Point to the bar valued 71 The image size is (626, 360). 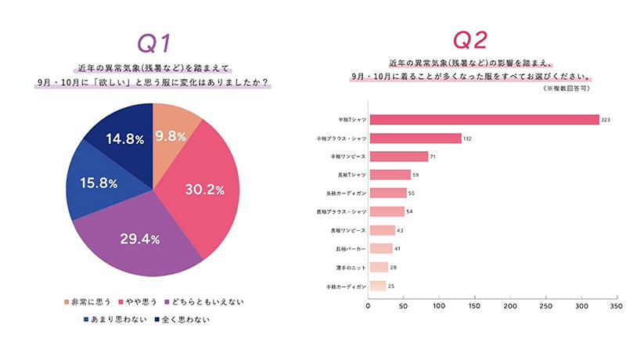click(x=398, y=157)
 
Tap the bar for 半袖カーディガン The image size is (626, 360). click(x=377, y=286)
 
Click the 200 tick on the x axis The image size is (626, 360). click(x=512, y=305)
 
